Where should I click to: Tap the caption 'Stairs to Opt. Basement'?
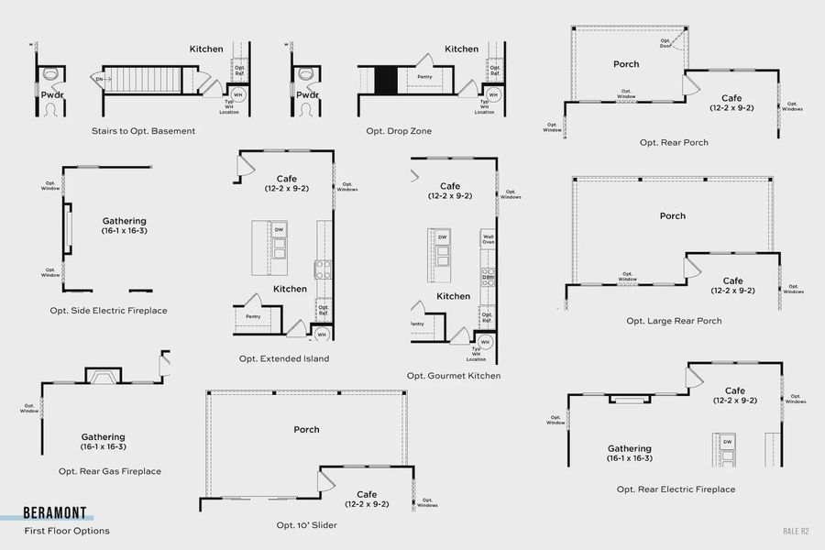coord(143,131)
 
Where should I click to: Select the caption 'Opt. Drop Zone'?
coord(399,131)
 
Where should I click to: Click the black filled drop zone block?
coord(386,79)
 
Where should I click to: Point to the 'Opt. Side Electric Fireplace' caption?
coord(108,311)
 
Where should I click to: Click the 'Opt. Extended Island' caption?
coord(283,358)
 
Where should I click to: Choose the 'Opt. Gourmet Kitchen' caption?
coord(454,376)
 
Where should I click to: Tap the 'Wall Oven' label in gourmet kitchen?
coord(488,240)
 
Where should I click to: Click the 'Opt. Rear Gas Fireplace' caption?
coord(110,471)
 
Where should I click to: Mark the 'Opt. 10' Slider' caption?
coord(307,525)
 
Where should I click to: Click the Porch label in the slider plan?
coord(306,429)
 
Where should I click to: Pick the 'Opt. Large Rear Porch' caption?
coord(674,321)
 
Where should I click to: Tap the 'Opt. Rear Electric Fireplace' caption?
coord(676,489)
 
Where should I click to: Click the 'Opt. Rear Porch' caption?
coord(674,143)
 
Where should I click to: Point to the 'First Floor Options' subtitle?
coord(67,531)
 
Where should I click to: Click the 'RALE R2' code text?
coord(796,531)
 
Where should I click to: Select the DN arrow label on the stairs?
coord(100,80)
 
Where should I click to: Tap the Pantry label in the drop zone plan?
coord(424,77)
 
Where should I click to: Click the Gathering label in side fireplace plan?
coord(124,221)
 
